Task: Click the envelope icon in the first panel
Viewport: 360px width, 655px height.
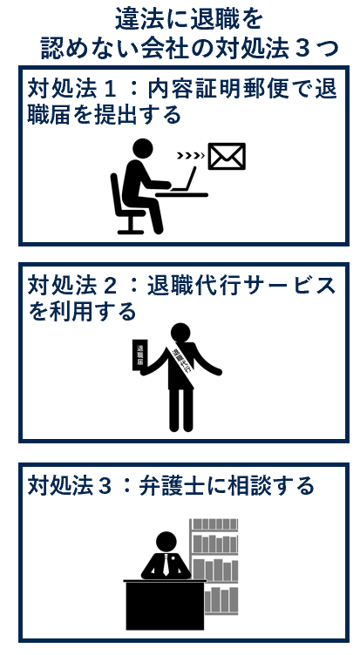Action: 226,157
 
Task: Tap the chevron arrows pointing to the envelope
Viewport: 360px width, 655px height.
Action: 190,157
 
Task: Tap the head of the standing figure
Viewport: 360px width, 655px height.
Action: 180,332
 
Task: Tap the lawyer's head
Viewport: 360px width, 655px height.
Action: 166,541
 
